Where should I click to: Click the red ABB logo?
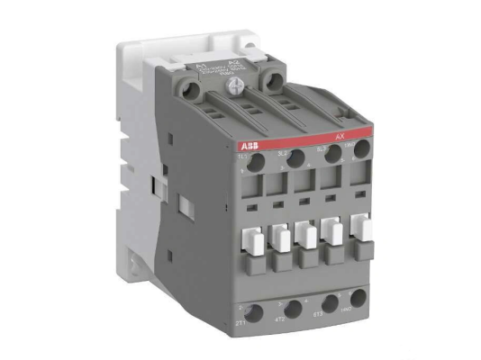[250, 145]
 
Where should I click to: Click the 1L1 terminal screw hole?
[255, 163]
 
